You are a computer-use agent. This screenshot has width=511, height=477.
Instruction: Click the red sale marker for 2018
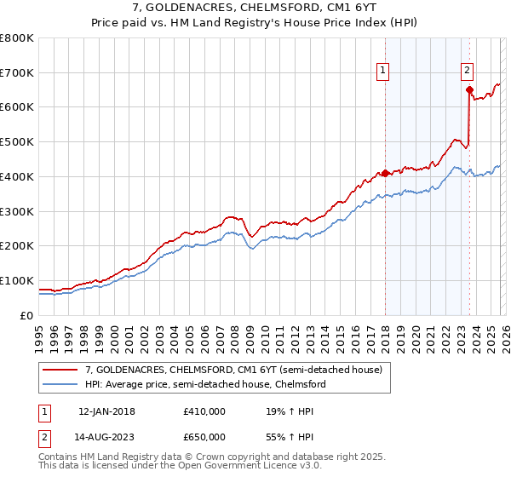click(385, 173)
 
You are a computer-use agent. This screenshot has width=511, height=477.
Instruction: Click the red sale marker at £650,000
click(469, 89)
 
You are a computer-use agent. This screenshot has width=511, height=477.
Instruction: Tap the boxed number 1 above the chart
click(384, 71)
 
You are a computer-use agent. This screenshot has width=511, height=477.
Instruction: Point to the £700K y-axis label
click(17, 72)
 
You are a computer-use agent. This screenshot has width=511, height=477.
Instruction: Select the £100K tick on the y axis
click(17, 280)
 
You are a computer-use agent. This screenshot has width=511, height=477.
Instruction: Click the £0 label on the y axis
click(26, 315)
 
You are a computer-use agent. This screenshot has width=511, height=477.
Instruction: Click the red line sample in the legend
click(60, 369)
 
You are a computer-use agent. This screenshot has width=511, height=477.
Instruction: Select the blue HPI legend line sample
click(60, 384)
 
